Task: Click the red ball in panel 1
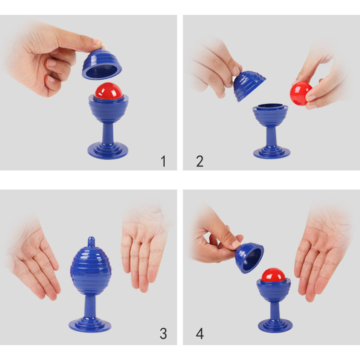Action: click(x=108, y=91)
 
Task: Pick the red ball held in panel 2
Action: click(x=301, y=92)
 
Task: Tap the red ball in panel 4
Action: click(x=273, y=276)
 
